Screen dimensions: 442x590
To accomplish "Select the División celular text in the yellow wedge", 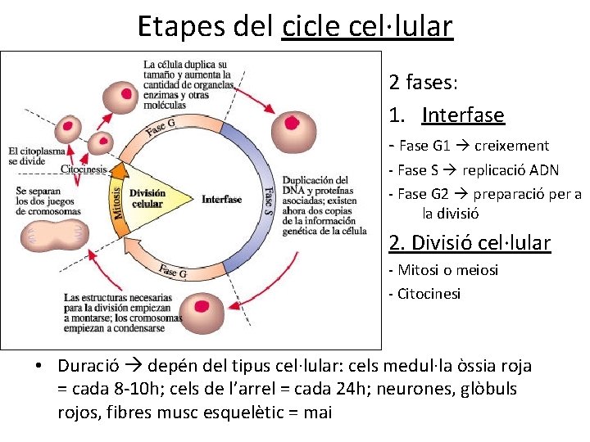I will coord(147,198).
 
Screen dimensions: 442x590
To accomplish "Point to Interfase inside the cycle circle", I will coord(222,199).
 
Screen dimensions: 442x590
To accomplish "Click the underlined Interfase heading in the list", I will coord(463,115).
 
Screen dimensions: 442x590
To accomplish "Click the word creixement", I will coord(512,146).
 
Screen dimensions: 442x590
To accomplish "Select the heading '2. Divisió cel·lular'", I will coord(470,242).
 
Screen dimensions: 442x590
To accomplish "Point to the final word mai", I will coord(318,412).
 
